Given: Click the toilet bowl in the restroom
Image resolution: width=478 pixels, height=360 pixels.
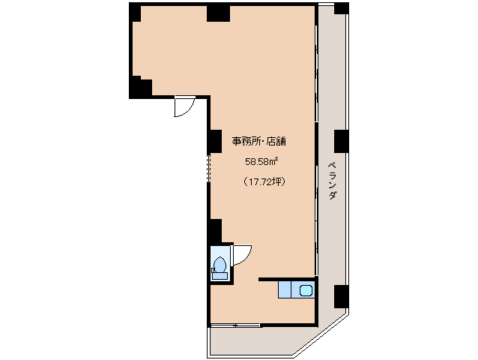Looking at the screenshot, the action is [x=220, y=265].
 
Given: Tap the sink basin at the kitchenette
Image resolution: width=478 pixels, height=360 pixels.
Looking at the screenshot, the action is [x=306, y=289].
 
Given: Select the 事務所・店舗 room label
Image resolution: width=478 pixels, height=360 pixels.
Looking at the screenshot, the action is [x=259, y=141].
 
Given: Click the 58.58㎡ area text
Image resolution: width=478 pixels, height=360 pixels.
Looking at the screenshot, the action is [x=262, y=161].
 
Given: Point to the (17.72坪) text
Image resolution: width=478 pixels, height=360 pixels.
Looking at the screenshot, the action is [x=264, y=181].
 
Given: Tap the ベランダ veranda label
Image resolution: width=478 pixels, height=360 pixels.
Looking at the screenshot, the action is [x=333, y=180].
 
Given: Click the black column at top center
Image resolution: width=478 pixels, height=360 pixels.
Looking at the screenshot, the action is [x=218, y=13].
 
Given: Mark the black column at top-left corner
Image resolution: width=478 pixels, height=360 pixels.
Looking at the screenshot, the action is [x=134, y=13].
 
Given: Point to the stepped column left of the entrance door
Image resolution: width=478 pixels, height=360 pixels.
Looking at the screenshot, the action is [x=140, y=87].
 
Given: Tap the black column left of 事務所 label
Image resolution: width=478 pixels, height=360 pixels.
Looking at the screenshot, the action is [x=214, y=141].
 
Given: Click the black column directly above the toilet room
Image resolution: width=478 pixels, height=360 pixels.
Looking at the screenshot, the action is [x=214, y=231].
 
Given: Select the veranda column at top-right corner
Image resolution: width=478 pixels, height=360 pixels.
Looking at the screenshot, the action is [x=342, y=8].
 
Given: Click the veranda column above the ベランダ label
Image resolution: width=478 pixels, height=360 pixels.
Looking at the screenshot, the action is [x=342, y=141].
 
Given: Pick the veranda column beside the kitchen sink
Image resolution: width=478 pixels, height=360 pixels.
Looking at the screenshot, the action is [x=342, y=296].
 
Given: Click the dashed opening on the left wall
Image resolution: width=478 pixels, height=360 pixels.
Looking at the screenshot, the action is [x=209, y=168].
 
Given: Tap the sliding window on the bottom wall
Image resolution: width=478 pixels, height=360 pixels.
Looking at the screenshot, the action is [x=235, y=325].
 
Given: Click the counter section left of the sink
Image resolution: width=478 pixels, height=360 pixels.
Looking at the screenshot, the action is [x=285, y=289].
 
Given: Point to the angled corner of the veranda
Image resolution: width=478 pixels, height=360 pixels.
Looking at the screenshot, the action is [x=321, y=335].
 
